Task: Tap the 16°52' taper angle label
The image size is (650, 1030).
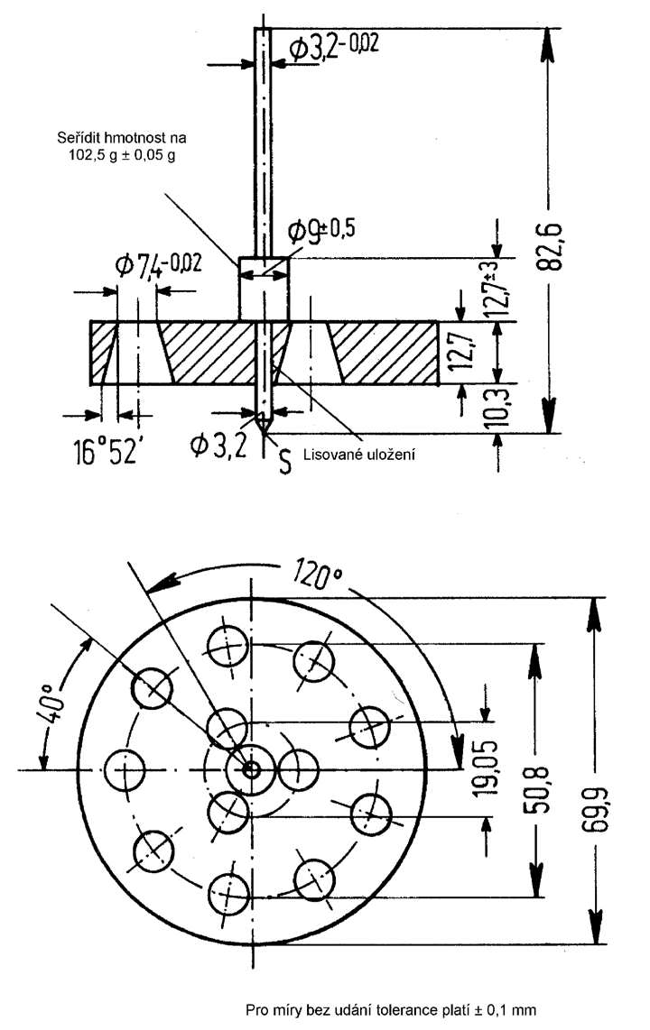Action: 105,451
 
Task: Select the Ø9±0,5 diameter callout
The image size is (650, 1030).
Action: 321,230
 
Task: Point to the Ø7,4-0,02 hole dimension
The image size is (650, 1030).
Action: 158,264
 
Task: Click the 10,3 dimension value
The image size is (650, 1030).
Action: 499,409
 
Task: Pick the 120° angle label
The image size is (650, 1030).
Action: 318,575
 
